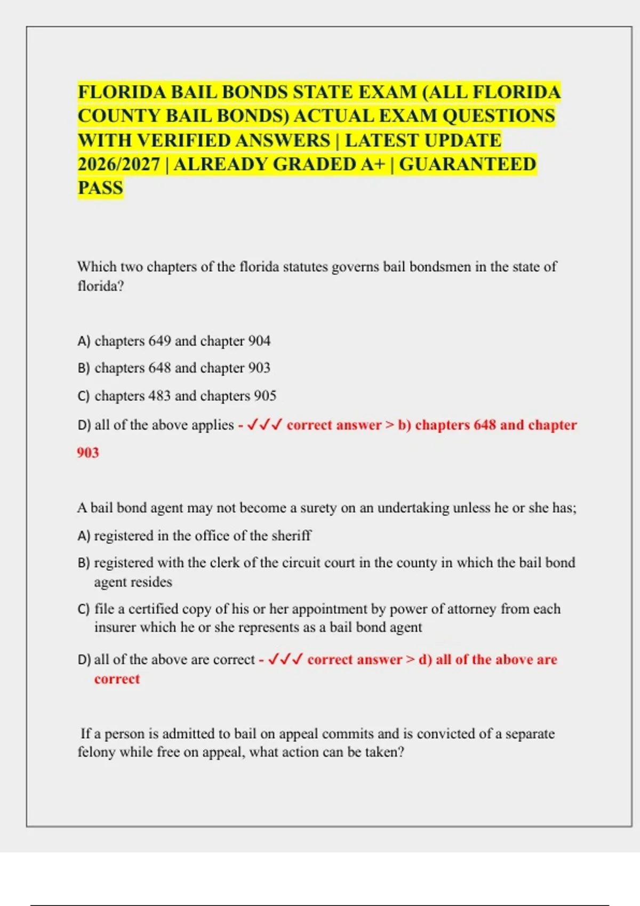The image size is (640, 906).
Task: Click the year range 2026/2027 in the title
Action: [118, 164]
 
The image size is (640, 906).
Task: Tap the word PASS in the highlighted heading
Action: [100, 188]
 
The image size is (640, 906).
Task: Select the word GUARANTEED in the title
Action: [468, 164]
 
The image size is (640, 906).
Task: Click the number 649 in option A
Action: [159, 341]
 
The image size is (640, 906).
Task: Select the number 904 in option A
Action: [259, 341]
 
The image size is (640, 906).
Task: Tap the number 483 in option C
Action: [159, 396]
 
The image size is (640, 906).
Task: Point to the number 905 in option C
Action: [265, 396]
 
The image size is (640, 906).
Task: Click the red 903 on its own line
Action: [88, 452]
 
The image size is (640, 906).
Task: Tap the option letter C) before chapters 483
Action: [83, 397]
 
